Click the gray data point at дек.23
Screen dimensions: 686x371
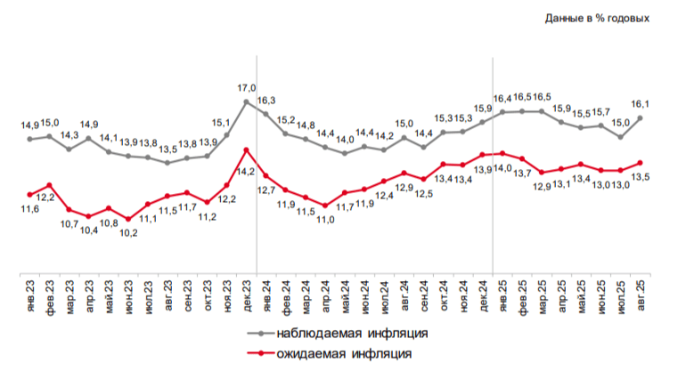246,101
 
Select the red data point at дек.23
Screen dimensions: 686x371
246,149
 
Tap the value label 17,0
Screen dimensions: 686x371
247,88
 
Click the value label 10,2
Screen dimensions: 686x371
128,233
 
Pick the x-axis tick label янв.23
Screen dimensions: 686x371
30,296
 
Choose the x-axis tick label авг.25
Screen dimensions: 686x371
641,295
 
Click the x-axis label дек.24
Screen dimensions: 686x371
484,296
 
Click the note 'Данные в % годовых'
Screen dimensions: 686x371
597,19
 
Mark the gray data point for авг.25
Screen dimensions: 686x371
640,118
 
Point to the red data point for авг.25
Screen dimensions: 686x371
640,163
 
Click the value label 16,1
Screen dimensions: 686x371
640,104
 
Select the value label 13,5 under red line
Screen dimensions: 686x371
641,177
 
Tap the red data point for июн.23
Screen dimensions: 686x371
128,219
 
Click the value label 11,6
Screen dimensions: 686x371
29,209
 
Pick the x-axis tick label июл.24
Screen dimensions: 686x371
385,296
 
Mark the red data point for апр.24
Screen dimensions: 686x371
325,206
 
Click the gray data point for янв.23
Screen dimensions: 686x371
29,140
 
